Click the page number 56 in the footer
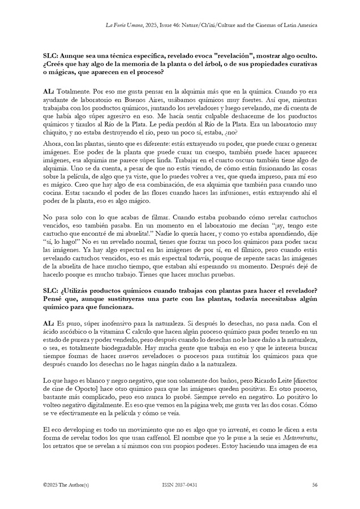coord(314,485)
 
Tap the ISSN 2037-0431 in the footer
coord(179,485)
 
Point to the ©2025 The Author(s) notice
coord(66,485)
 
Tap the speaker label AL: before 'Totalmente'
coord(49,90)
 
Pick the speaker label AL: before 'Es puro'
coord(49,321)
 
